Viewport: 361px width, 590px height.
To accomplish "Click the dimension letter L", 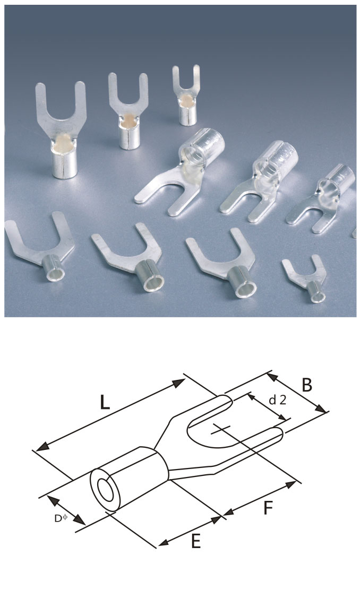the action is point(105,402).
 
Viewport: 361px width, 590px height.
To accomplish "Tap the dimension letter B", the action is point(307,385).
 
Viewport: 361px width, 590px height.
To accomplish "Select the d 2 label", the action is point(278,400).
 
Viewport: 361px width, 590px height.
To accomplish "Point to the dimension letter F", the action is point(268,508).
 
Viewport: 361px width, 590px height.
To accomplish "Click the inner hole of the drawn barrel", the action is point(106,489).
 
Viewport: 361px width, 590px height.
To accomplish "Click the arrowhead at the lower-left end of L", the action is point(42,447).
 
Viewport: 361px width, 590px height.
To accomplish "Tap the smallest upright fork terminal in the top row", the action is point(186,96).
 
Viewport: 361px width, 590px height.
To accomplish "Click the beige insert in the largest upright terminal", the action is point(64,142).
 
